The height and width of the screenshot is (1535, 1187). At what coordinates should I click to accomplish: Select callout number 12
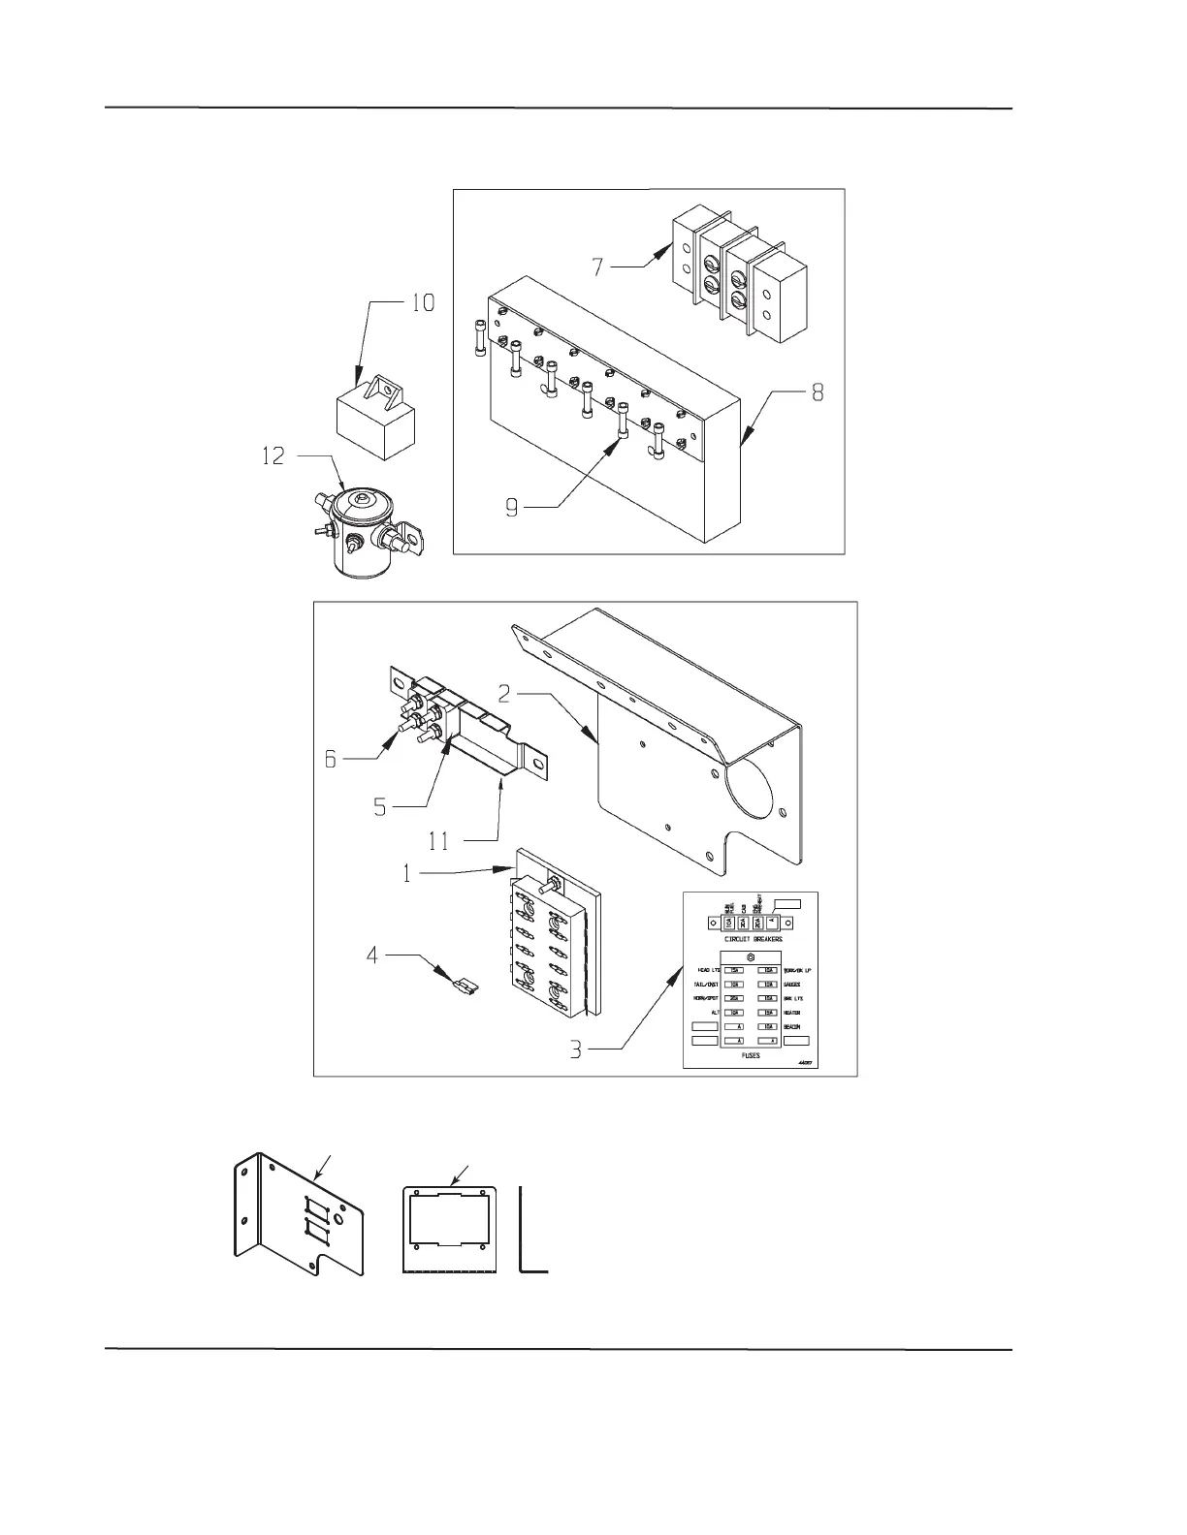(274, 454)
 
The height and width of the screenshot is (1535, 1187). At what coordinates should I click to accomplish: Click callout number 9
(512, 508)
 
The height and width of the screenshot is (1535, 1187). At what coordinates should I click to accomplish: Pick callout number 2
(505, 693)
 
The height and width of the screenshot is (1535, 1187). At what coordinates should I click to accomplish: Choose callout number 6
(331, 761)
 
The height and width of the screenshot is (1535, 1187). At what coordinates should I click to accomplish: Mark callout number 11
(439, 841)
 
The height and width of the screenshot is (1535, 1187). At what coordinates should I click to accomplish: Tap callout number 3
(576, 1050)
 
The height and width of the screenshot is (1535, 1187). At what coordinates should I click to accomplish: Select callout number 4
(372, 956)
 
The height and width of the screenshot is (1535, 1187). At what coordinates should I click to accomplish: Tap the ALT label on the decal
(715, 1013)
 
